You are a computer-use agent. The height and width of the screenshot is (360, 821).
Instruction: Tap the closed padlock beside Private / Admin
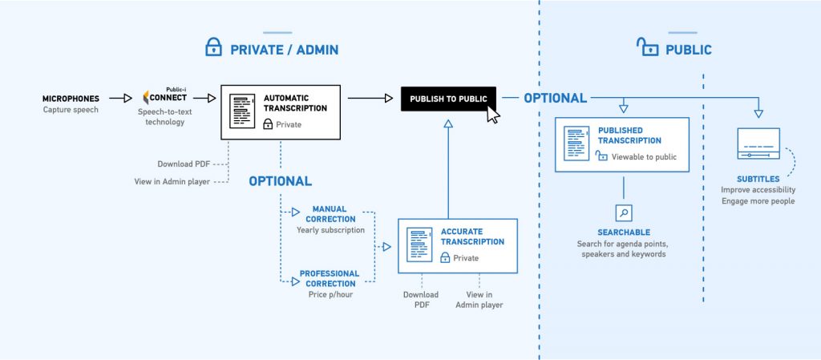(x=212, y=49)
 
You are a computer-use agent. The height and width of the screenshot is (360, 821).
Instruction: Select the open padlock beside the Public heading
(x=645, y=48)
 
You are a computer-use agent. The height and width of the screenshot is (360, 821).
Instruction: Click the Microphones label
(x=71, y=99)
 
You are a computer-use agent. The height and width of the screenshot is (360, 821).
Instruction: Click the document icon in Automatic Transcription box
(x=242, y=111)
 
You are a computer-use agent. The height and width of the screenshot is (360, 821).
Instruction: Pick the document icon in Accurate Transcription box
(x=419, y=245)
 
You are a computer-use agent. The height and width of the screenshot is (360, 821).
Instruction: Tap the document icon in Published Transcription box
(x=576, y=143)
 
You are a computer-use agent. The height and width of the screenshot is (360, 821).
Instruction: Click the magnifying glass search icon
(x=624, y=212)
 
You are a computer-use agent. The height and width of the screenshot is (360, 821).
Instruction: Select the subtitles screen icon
(x=758, y=144)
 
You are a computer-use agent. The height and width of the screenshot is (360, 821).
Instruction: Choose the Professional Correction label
(x=330, y=278)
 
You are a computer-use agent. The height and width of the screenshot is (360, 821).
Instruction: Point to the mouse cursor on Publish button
(x=492, y=115)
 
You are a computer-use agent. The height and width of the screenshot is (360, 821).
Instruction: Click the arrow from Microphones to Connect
(x=120, y=99)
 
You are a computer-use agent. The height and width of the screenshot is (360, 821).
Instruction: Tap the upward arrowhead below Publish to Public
(x=448, y=123)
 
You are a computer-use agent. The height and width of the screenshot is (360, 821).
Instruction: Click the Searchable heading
(x=623, y=232)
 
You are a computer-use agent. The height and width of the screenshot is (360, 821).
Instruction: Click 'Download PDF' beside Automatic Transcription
(x=184, y=164)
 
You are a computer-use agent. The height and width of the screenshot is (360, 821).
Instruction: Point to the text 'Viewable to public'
(x=644, y=157)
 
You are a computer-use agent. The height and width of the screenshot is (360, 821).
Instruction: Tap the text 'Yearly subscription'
(x=330, y=230)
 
